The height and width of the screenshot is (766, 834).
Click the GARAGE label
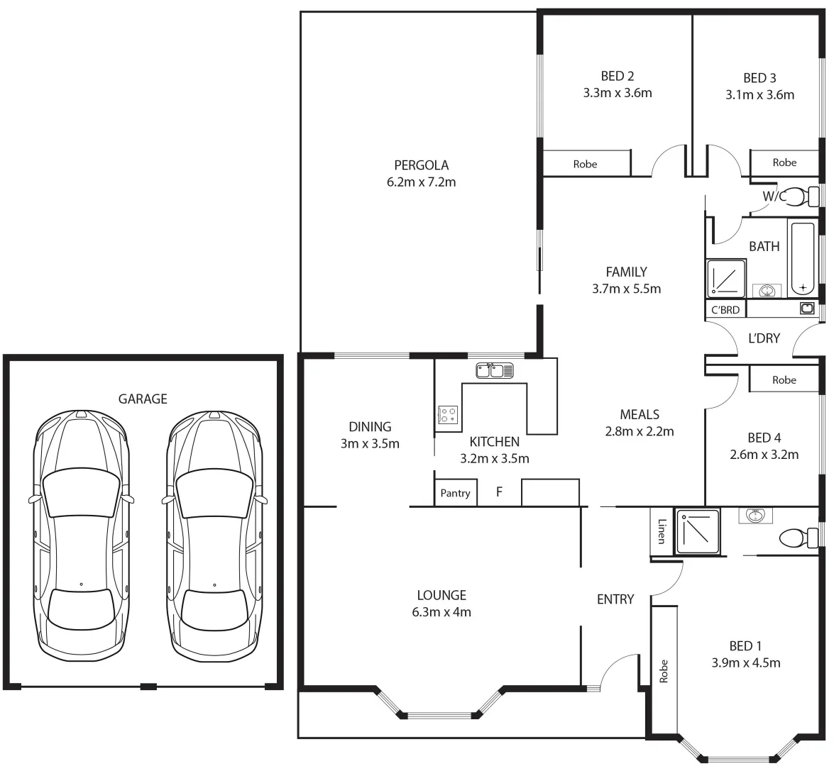[143, 399]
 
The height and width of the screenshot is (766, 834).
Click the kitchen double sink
[495, 370]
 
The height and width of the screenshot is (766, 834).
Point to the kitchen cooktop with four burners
[447, 414]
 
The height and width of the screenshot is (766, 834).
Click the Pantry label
[455, 493]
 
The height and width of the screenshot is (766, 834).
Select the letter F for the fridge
[499, 491]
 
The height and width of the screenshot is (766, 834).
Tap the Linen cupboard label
[662, 531]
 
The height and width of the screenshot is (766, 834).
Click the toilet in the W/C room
[804, 196]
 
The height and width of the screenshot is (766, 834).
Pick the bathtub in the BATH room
[803, 258]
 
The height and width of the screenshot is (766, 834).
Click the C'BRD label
[725, 310]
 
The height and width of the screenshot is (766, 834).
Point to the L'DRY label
[764, 338]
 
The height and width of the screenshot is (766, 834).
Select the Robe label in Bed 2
[585, 164]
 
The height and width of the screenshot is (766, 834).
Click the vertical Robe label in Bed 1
[664, 671]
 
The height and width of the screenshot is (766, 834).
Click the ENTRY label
[615, 599]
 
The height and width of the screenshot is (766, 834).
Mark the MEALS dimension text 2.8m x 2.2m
[639, 431]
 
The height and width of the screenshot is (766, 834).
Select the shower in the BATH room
[726, 278]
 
